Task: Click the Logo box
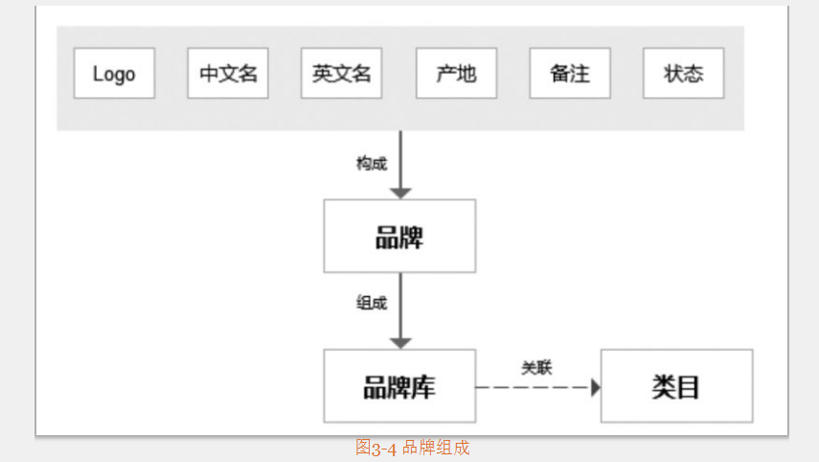[114, 74]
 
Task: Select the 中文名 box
[228, 74]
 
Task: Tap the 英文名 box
[341, 74]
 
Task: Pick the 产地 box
[456, 74]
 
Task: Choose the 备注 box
[570, 74]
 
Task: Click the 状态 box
[684, 74]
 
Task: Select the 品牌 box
[399, 236]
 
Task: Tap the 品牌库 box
[399, 386]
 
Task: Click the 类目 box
[676, 386]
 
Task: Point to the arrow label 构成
[372, 163]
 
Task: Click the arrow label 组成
[372, 303]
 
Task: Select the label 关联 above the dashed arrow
[536, 366]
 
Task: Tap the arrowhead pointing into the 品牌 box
[400, 193]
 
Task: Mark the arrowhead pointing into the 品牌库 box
[400, 342]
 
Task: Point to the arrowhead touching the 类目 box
[595, 387]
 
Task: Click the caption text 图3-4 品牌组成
[412, 448]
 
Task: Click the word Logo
[114, 74]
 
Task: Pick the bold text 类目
[676, 386]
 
